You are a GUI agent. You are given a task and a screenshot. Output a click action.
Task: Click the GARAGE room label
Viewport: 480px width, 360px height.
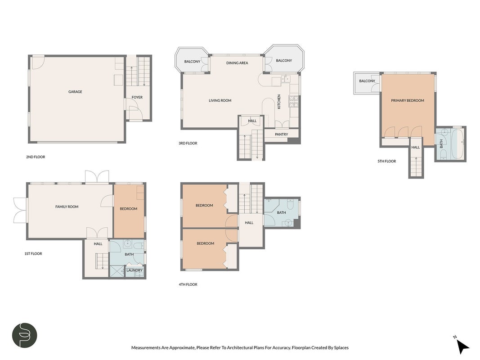tap(75, 91)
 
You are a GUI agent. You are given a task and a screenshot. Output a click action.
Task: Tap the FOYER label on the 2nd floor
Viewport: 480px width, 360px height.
tap(137, 97)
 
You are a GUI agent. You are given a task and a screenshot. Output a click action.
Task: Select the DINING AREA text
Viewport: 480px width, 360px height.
tap(237, 63)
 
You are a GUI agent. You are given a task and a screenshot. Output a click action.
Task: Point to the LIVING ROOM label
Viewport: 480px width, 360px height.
tap(220, 100)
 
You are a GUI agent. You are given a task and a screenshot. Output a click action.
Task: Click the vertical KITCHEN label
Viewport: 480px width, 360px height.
tap(279, 102)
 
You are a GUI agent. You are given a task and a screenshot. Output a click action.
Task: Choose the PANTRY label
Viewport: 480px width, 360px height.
tap(281, 134)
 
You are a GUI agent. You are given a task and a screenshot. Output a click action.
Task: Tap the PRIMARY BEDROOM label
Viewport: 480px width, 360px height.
tap(408, 100)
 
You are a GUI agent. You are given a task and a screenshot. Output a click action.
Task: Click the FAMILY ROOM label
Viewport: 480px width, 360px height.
tap(67, 207)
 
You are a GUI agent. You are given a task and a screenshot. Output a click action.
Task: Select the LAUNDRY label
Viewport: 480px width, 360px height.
tap(135, 270)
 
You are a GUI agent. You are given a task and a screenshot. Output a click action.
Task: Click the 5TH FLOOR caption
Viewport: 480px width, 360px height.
tap(386, 161)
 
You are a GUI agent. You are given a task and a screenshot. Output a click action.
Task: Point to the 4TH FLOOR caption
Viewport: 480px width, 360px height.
tap(188, 284)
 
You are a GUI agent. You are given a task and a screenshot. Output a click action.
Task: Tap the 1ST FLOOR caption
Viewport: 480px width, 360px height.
tap(33, 253)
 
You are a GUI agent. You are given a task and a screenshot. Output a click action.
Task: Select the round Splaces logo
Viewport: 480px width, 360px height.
tap(24, 335)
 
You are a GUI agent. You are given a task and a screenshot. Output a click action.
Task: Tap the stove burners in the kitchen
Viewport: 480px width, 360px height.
tap(294, 101)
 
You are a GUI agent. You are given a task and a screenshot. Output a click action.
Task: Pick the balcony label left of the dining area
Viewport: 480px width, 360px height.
tap(192, 62)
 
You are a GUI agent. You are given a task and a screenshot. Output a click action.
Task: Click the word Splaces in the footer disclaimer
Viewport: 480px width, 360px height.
tap(341, 347)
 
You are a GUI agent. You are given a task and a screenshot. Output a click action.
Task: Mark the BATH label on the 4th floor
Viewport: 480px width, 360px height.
tap(281, 212)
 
